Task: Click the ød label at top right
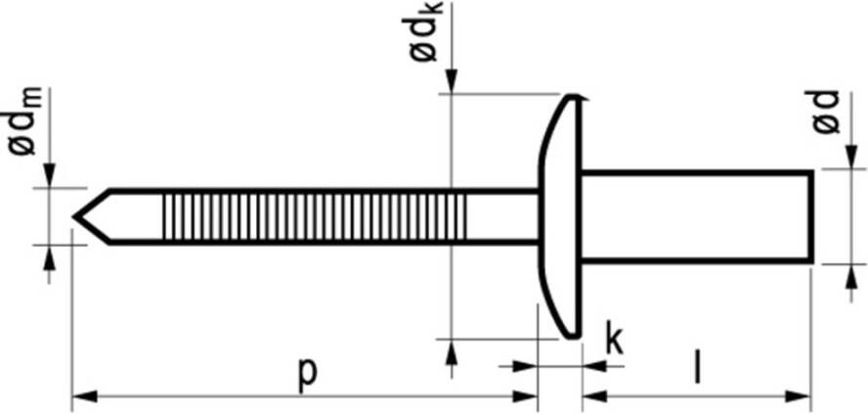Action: (x=827, y=112)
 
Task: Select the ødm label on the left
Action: (x=24, y=121)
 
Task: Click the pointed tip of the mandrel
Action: (x=73, y=215)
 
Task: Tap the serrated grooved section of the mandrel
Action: (x=315, y=216)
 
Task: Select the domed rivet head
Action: (x=560, y=216)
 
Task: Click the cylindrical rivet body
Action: (x=697, y=216)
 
